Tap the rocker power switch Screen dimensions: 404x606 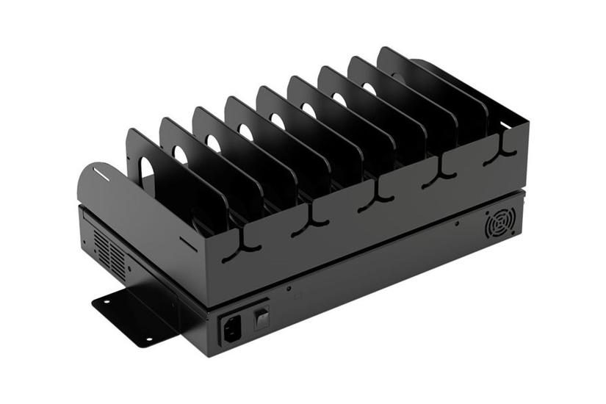[261, 317]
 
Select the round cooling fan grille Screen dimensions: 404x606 [500, 223]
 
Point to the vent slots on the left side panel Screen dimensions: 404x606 [110, 252]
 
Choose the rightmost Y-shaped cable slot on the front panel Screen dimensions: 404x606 [504, 146]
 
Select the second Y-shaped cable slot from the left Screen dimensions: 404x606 [309, 223]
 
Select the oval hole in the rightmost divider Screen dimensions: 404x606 [397, 75]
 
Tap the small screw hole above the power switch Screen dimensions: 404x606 [289, 289]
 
